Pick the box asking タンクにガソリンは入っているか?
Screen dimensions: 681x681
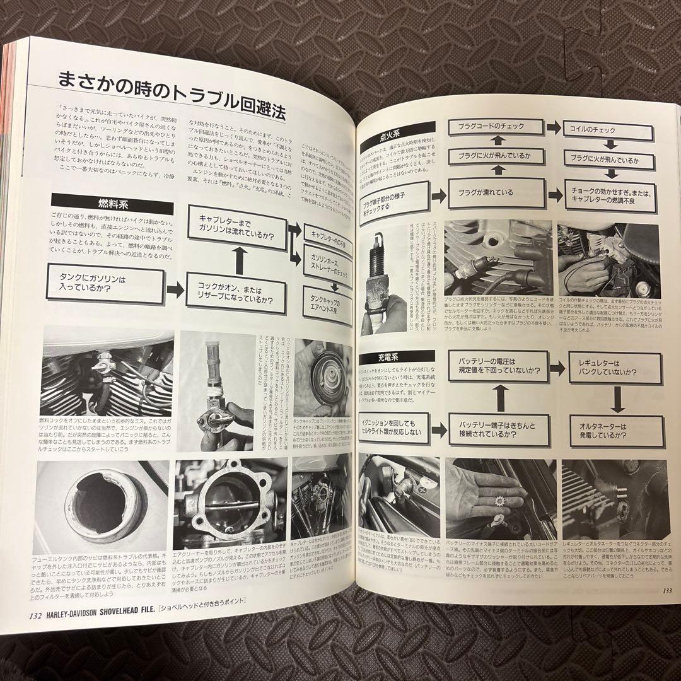coord(104,283)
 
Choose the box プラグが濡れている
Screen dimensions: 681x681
coord(496,192)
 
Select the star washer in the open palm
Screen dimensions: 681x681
coord(501,505)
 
